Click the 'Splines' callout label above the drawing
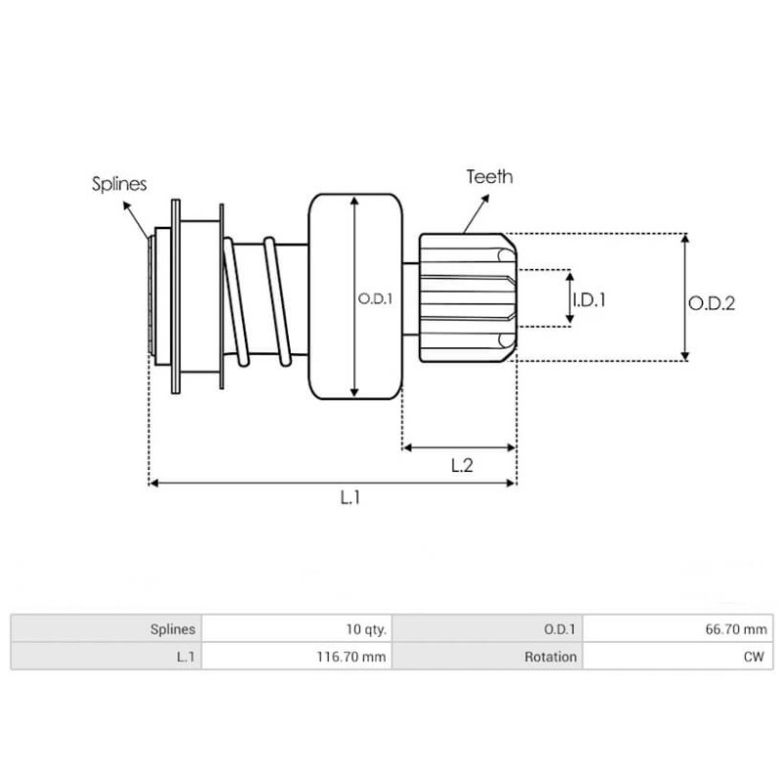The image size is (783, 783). (x=119, y=183)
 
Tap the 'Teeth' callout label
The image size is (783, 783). (x=489, y=177)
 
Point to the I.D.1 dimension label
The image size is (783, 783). (x=588, y=300)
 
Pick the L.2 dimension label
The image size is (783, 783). (x=462, y=466)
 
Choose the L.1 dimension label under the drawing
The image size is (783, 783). (x=350, y=498)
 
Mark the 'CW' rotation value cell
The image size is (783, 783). (x=758, y=657)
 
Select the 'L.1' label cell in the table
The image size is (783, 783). (x=185, y=657)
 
